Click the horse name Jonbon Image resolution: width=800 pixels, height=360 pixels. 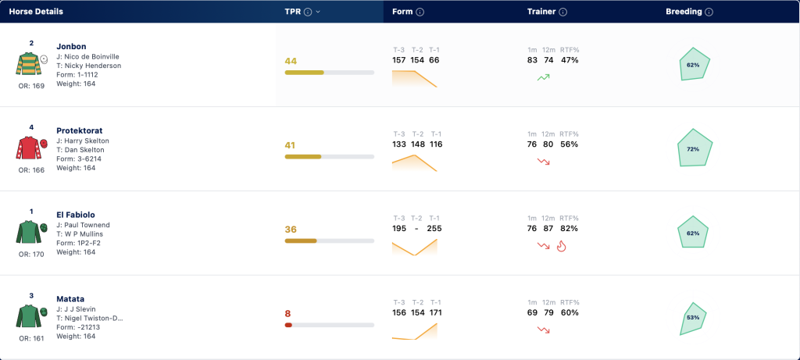click(x=71, y=46)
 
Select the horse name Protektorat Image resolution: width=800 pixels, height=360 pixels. click(x=79, y=130)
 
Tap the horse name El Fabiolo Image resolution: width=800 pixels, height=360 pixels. click(x=76, y=215)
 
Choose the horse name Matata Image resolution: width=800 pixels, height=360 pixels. click(x=70, y=299)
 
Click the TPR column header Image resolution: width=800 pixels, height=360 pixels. click(x=293, y=12)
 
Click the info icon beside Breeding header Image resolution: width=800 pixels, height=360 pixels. click(x=709, y=12)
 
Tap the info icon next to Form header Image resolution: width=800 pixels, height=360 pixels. click(x=420, y=12)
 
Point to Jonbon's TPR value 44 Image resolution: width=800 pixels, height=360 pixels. click(x=291, y=61)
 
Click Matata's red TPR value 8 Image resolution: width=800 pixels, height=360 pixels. click(x=287, y=314)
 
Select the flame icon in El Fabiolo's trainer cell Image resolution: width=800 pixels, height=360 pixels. click(x=561, y=246)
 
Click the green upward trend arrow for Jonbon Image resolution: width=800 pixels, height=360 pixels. click(x=544, y=77)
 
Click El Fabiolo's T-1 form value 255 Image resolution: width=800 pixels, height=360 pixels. click(x=435, y=229)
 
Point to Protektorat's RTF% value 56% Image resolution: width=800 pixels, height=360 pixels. click(x=569, y=144)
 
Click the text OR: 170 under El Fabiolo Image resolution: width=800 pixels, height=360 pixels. click(x=31, y=254)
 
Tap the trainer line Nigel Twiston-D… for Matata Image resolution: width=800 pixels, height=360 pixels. click(x=90, y=319)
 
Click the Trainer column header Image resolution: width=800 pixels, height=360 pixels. click(x=541, y=12)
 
